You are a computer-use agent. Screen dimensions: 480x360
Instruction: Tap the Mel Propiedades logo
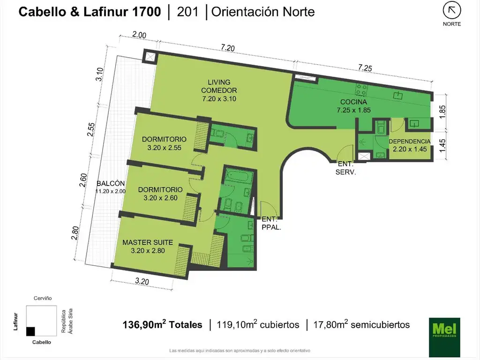click(x=444, y=337)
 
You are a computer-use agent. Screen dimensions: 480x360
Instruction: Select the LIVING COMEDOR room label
click(x=219, y=90)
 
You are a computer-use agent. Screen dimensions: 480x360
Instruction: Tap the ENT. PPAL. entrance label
click(x=271, y=223)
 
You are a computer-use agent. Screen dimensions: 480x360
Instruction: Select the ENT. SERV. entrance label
click(x=345, y=168)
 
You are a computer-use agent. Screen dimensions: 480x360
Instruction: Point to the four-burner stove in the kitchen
click(x=361, y=90)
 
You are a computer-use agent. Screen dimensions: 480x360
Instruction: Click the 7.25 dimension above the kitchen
click(x=365, y=67)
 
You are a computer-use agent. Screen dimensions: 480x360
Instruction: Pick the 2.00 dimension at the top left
click(x=139, y=35)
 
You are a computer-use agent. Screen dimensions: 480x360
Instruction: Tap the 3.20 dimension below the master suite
click(x=142, y=281)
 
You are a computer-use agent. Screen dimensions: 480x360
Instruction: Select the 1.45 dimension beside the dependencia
click(x=442, y=145)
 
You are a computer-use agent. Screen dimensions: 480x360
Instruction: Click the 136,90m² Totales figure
click(x=162, y=324)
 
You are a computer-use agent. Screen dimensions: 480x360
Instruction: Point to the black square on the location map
click(x=30, y=331)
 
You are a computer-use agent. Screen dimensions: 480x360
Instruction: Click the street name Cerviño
click(x=43, y=298)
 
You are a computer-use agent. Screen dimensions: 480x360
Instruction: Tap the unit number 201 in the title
click(x=187, y=12)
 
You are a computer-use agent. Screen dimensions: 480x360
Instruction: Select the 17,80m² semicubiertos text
click(x=361, y=324)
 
